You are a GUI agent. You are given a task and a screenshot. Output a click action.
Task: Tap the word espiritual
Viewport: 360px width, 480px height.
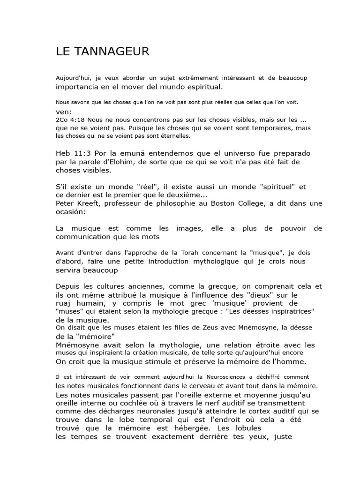click(200, 87)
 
